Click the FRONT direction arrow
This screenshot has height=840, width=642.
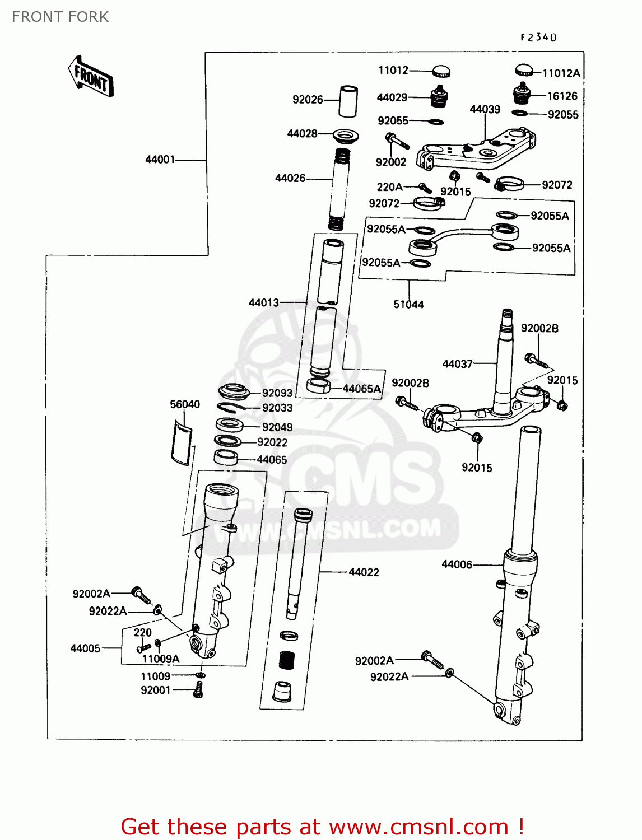(91, 77)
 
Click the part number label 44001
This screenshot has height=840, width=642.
(160, 160)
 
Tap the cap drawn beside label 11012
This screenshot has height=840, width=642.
(441, 71)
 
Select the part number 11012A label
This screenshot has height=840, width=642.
(561, 73)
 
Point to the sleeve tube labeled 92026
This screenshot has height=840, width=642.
(348, 101)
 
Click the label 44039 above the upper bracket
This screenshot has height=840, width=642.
(485, 109)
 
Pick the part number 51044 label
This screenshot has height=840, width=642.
(408, 305)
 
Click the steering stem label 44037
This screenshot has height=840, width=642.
(458, 364)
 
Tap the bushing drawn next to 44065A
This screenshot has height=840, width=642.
(319, 385)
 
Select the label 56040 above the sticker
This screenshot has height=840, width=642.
(185, 404)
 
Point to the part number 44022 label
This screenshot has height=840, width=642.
(364, 572)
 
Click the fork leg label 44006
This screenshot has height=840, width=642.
(457, 564)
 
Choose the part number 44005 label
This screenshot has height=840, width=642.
(85, 648)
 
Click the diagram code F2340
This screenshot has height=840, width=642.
(538, 38)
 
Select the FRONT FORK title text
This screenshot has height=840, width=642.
(60, 17)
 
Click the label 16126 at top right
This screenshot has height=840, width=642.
(562, 96)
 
